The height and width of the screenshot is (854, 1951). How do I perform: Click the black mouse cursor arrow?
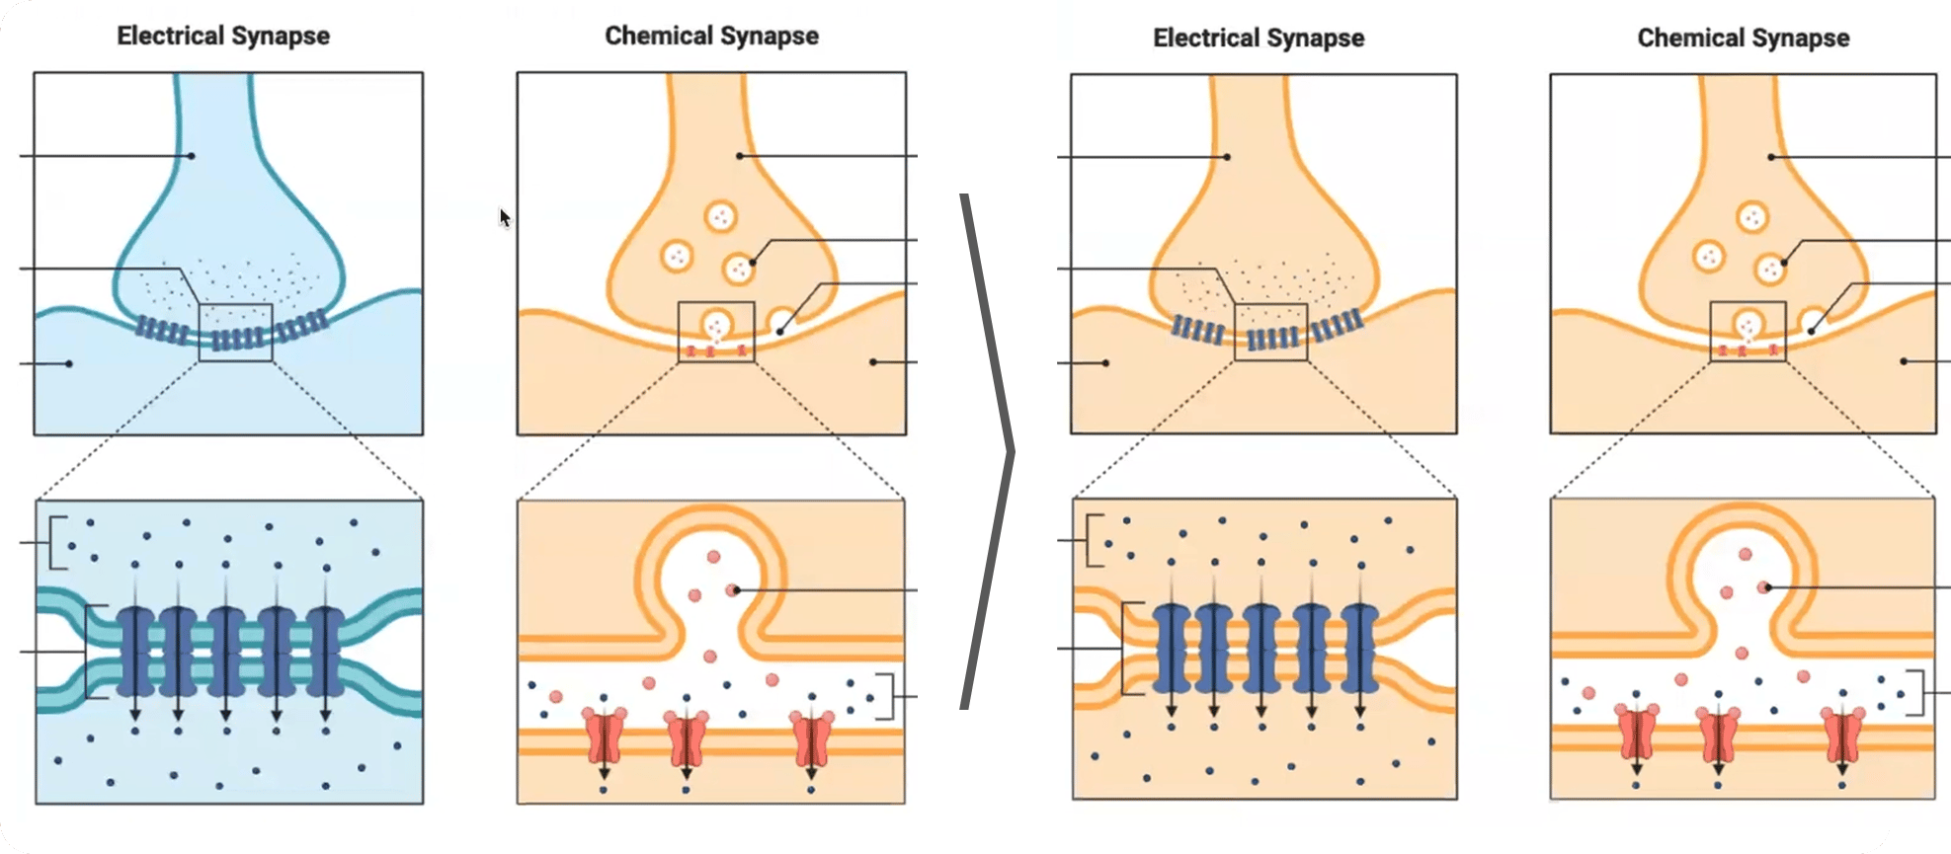[x=505, y=218]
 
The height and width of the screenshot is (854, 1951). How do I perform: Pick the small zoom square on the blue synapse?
[x=235, y=333]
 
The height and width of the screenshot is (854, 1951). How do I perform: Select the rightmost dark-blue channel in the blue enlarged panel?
[x=324, y=652]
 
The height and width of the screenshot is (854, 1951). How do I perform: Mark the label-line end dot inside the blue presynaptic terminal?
[x=193, y=156]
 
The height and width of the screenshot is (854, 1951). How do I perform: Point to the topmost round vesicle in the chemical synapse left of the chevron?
[x=720, y=216]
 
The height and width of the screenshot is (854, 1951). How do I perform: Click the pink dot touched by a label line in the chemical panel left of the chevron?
[x=732, y=590]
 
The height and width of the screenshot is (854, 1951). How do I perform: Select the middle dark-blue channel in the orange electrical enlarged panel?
[x=1261, y=648]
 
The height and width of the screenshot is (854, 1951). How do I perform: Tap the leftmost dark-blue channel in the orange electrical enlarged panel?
[x=1171, y=648]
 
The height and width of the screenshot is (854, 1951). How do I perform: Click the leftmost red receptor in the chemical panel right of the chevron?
[x=1636, y=733]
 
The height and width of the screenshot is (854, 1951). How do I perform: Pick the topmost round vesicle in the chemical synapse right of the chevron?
[x=1753, y=217]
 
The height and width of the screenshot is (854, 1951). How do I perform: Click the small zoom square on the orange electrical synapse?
[x=1271, y=332]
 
